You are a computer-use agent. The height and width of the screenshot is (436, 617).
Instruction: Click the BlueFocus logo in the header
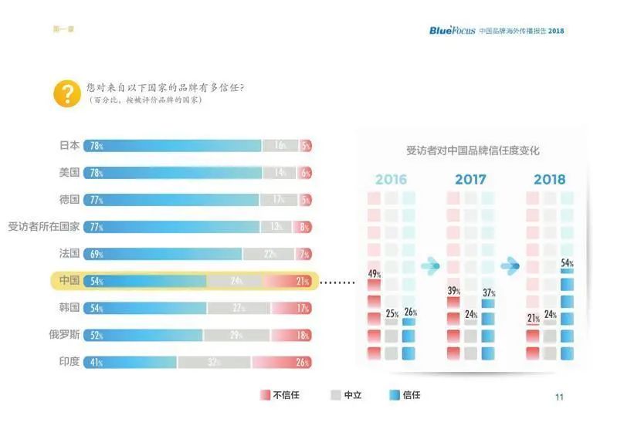click(453, 30)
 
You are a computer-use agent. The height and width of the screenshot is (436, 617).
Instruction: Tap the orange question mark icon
click(67, 93)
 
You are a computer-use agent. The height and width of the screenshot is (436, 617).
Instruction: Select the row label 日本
click(69, 145)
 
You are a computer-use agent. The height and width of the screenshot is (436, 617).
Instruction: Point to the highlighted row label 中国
click(69, 281)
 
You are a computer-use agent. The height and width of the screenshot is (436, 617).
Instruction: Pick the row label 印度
click(69, 361)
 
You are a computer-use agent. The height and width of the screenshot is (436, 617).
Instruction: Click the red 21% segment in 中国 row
click(287, 281)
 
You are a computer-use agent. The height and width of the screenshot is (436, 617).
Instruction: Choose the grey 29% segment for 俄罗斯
click(236, 335)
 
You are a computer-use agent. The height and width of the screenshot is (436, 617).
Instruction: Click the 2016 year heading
click(391, 180)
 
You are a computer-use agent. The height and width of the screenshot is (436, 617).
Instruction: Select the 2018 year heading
click(550, 180)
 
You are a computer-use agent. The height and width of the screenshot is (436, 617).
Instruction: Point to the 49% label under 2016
click(375, 274)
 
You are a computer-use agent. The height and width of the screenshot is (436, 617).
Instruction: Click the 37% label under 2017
click(488, 292)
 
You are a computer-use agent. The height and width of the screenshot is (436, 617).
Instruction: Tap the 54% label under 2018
click(567, 264)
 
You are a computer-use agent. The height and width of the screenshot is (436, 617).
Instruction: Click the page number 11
click(559, 397)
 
